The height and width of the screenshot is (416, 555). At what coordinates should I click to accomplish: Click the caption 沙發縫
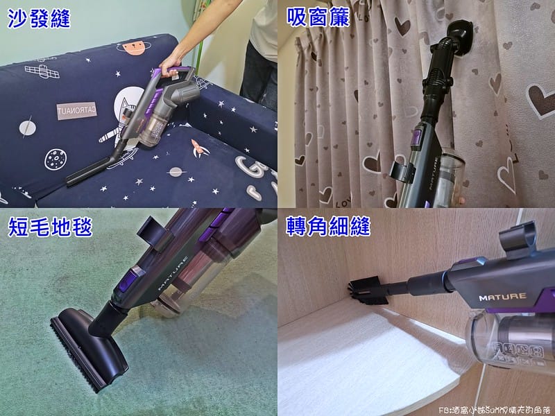pyautogui.click(x=39, y=19)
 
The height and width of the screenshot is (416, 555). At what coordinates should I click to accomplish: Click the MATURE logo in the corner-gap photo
pyautogui.click(x=502, y=297)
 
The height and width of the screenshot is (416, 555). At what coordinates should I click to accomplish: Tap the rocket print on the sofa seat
pyautogui.click(x=196, y=147)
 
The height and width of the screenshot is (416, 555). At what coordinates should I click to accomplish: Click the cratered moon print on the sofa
pyautogui.click(x=55, y=159)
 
